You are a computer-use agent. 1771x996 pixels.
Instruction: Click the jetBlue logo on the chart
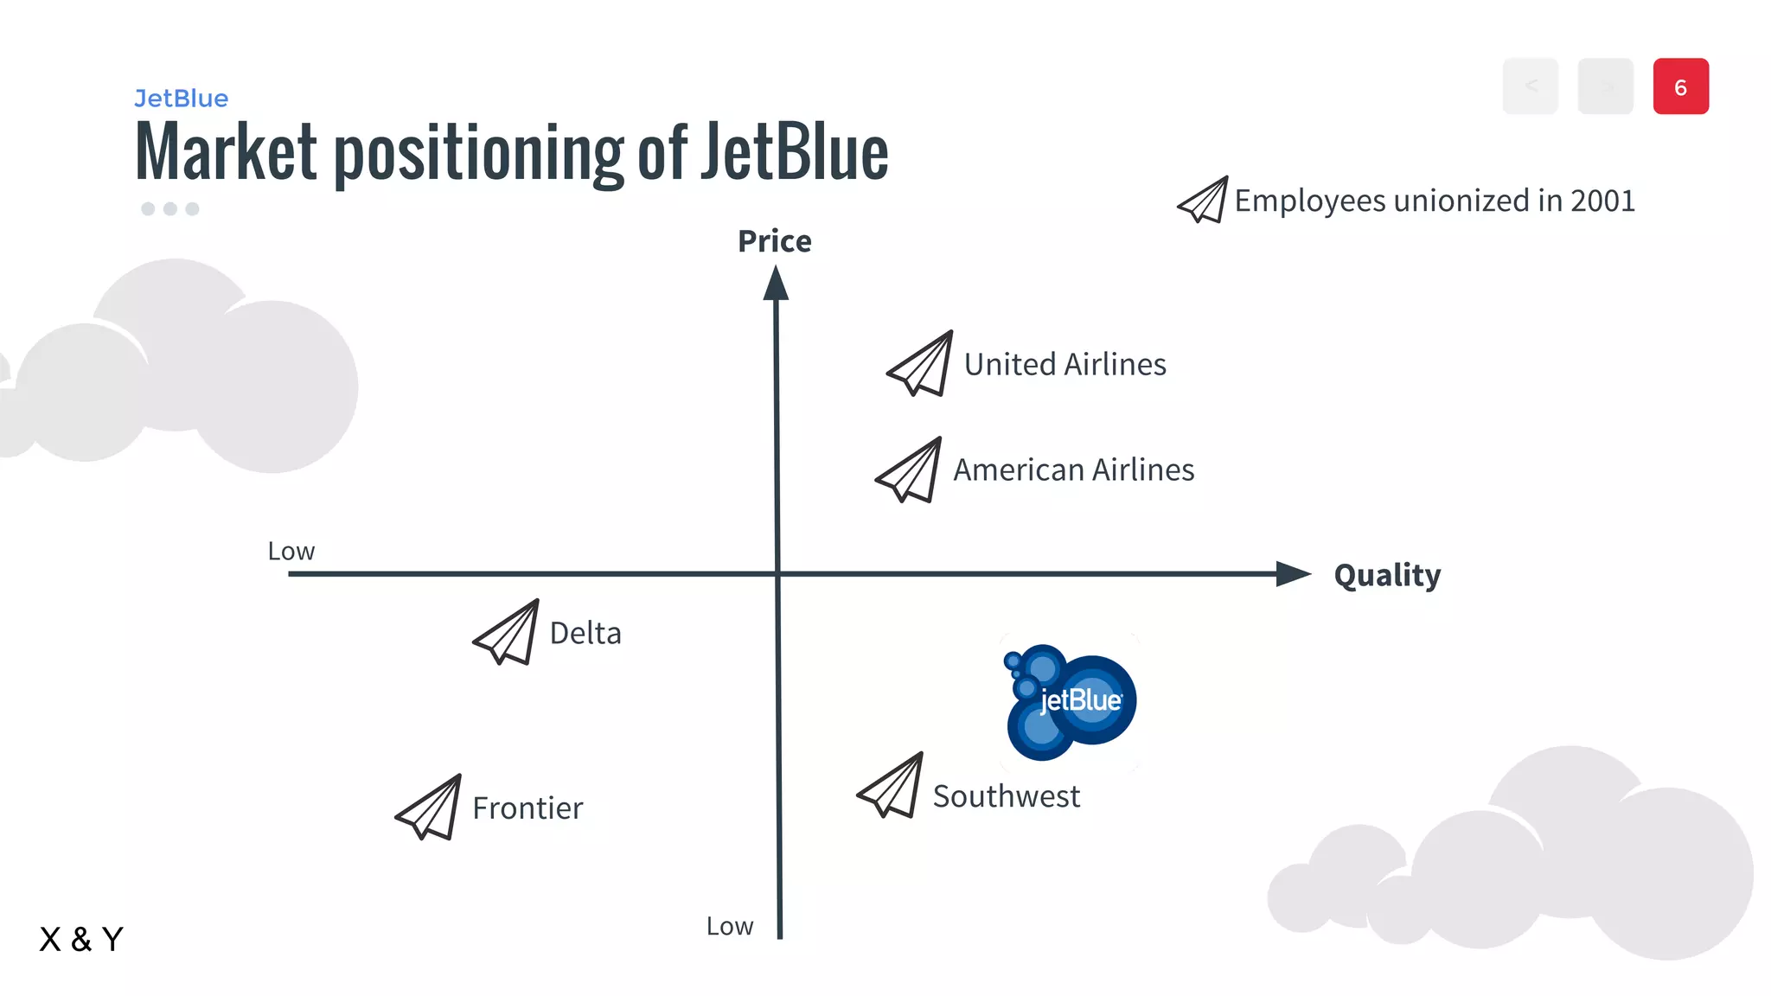(1071, 702)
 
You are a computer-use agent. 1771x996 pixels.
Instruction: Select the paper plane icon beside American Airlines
(910, 470)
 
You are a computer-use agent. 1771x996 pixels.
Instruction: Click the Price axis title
(774, 241)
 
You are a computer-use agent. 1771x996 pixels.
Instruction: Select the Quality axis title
(1387, 575)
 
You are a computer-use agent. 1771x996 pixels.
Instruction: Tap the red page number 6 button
(1680, 86)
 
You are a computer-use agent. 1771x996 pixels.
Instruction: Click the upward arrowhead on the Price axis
(776, 284)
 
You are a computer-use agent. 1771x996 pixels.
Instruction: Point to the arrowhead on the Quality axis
(1294, 573)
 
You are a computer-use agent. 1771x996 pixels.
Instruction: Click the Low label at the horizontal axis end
(291, 552)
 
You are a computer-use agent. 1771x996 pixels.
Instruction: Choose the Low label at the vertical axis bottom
(730, 927)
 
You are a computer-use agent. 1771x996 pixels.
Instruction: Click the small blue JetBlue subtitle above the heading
(182, 99)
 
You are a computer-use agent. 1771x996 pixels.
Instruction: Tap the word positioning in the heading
(478, 154)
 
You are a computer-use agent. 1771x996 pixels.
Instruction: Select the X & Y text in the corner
(81, 939)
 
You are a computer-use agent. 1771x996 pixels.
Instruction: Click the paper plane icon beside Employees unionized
(1203, 201)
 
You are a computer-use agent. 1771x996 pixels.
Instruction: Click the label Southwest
(1006, 796)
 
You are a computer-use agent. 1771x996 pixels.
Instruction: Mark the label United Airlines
(1065, 365)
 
